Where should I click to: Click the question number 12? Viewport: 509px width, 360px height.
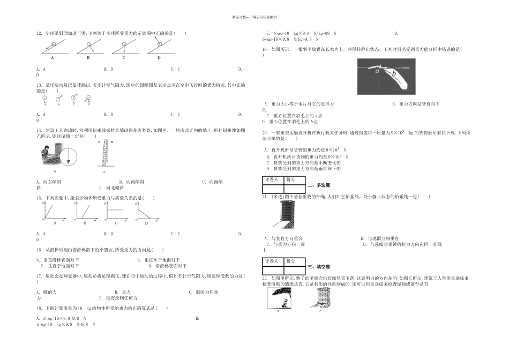39,33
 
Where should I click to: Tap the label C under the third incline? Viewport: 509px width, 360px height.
123,57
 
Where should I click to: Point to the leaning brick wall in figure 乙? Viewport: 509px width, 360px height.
104,153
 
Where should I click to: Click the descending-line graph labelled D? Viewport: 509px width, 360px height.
146,213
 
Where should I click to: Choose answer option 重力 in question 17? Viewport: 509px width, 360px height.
126,292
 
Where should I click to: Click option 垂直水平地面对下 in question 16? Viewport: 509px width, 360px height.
161,260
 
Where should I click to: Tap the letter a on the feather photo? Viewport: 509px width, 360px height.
378,70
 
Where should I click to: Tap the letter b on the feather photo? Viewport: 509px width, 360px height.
394,73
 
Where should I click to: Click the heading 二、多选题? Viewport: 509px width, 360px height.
319,185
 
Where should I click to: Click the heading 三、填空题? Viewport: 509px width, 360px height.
319,266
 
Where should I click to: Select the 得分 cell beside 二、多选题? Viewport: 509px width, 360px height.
295,181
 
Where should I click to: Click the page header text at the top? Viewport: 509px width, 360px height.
254,17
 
